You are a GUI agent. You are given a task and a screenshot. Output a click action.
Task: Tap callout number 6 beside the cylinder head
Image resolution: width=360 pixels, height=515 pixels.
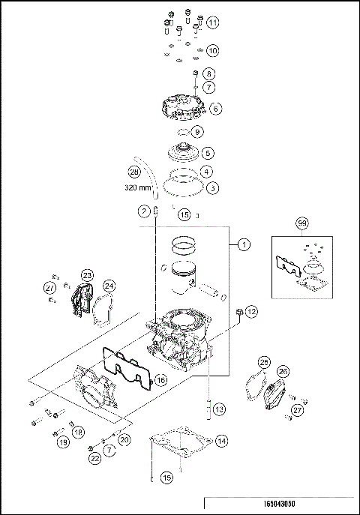[x=215, y=109]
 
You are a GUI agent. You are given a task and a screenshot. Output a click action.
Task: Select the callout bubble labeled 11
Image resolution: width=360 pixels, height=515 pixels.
[x=213, y=23]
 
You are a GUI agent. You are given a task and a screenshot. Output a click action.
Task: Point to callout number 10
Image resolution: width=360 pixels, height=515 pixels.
[x=212, y=51]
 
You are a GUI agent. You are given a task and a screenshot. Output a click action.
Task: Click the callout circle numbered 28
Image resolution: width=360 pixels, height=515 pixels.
[x=134, y=172]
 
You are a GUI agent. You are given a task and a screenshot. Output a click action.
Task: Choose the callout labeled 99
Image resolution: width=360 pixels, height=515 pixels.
[x=301, y=224]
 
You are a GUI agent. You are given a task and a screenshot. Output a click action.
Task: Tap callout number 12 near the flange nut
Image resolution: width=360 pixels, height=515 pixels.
[x=250, y=310]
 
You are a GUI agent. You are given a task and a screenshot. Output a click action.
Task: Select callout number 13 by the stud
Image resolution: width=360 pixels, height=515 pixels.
[x=218, y=409]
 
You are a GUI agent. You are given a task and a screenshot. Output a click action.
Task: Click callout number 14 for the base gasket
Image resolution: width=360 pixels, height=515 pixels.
[x=221, y=442]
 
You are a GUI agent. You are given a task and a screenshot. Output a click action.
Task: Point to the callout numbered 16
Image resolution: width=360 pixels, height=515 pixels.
[x=160, y=381]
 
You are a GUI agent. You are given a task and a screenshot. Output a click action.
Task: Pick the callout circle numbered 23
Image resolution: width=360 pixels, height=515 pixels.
[x=87, y=276]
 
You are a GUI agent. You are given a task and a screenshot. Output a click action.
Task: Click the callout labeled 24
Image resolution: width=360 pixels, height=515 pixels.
[x=109, y=285]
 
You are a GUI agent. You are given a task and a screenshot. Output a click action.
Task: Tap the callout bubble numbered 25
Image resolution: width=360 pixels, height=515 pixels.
[x=263, y=362]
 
